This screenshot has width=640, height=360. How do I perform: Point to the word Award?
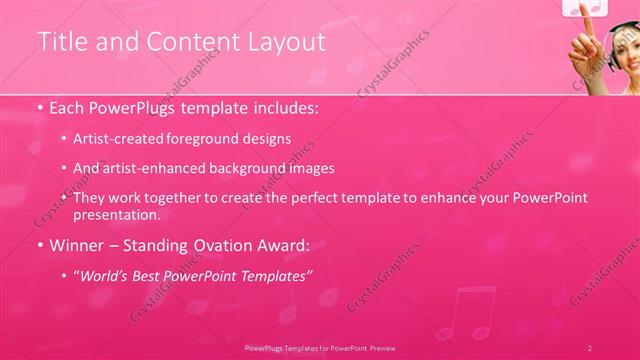pyautogui.click(x=284, y=244)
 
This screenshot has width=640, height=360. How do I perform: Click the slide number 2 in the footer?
pyautogui.click(x=589, y=347)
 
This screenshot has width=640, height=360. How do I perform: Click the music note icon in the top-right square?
pyautogui.click(x=586, y=7)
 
